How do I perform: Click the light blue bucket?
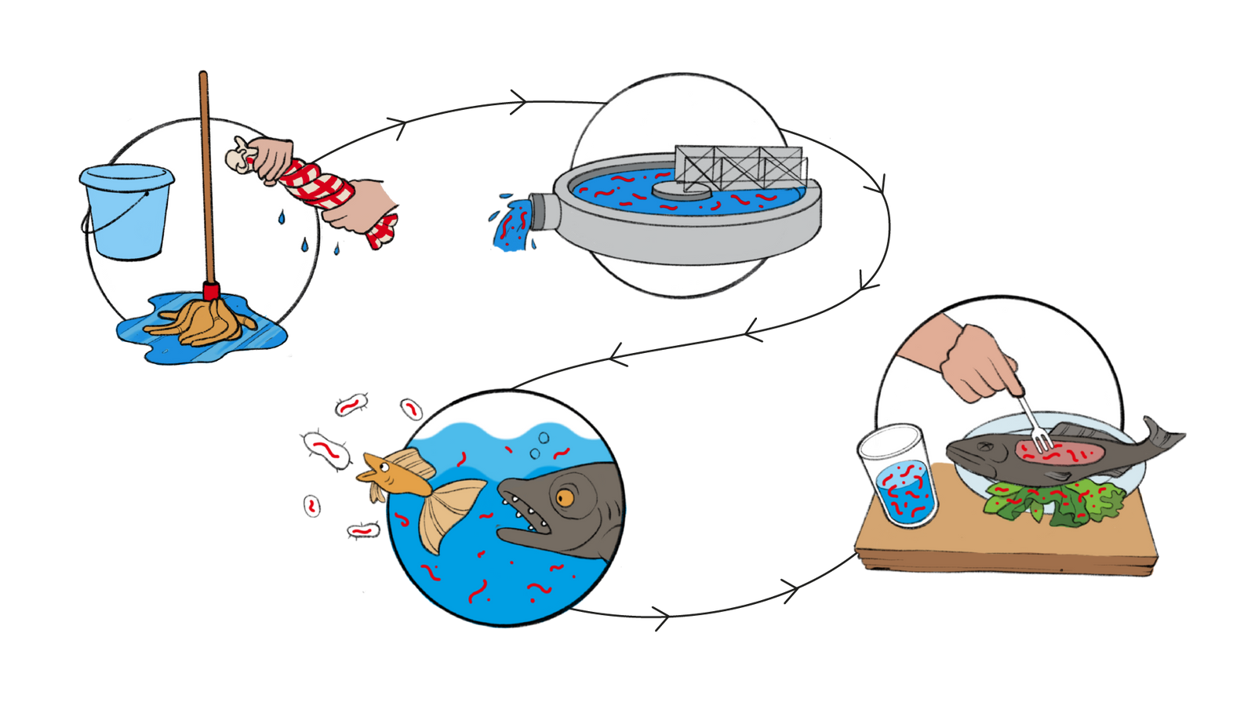pyautogui.click(x=125, y=212)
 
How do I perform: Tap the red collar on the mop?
pyautogui.click(x=210, y=292)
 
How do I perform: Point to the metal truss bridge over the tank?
pyautogui.click(x=737, y=166)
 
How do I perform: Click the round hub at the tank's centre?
pyautogui.click(x=679, y=189)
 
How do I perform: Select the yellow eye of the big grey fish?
pyautogui.click(x=565, y=497)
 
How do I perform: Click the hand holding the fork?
pyautogui.click(x=977, y=361)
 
